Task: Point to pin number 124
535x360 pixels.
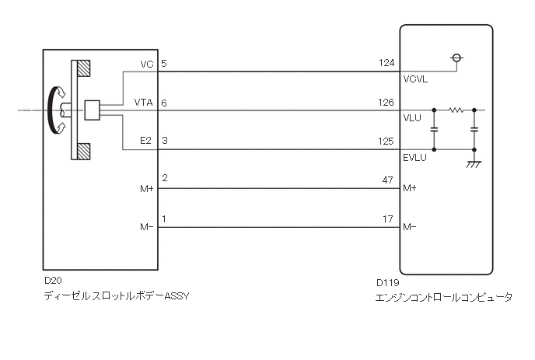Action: point(386,63)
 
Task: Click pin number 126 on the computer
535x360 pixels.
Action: point(386,102)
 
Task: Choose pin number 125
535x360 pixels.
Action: point(386,141)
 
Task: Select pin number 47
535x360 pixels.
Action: point(389,180)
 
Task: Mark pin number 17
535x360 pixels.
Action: point(389,219)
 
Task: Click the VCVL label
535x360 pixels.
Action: point(415,79)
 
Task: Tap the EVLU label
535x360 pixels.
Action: point(415,157)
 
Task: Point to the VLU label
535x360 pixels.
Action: point(412,118)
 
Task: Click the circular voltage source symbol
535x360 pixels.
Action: point(456,58)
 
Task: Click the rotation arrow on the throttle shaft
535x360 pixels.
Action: point(53,110)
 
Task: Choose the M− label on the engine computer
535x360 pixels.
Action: point(410,227)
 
